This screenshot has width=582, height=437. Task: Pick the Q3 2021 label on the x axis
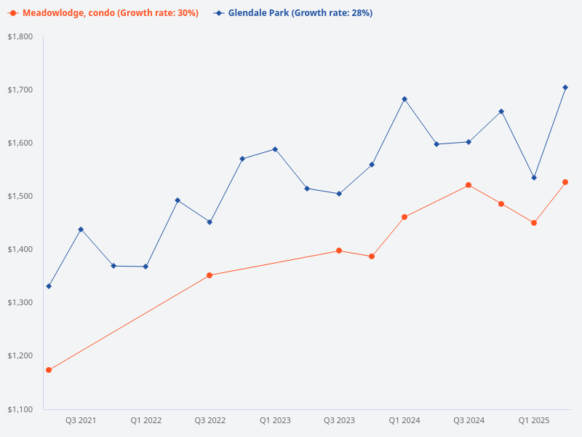point(81,421)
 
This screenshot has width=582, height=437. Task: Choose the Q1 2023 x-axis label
point(275,421)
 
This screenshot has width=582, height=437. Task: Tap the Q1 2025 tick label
point(533,421)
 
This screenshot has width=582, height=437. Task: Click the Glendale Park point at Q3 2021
point(81,229)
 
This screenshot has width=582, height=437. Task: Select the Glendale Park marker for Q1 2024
point(404,99)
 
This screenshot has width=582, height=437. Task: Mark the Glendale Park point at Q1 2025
point(534,178)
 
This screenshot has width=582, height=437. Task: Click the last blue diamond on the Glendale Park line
point(565,87)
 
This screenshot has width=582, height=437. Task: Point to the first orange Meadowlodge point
point(49,370)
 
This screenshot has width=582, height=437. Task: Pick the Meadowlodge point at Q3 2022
point(210,275)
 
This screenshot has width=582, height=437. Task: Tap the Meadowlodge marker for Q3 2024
point(469,185)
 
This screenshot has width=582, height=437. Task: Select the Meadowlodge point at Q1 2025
point(534,223)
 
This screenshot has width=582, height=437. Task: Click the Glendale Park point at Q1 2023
point(275,149)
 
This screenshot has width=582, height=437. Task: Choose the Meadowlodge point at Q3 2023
point(339,251)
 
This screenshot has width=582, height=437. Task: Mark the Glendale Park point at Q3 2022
point(210,222)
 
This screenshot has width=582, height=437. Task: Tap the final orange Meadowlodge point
point(565,182)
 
